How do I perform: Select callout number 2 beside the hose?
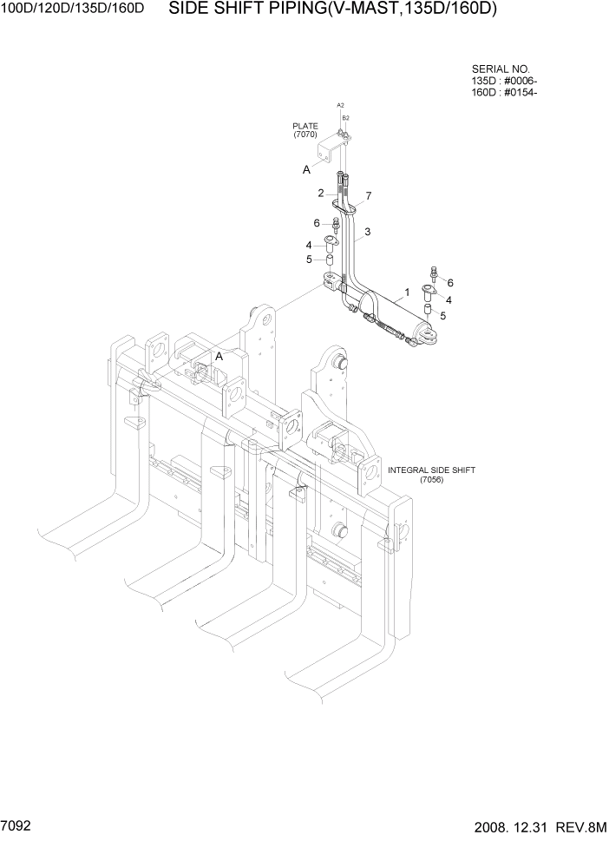coord(320,193)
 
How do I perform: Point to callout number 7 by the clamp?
coord(369,196)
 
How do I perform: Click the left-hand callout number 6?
coord(318,223)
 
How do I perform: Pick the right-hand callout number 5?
coord(442,316)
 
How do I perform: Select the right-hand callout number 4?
coord(449,299)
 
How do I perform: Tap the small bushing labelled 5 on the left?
coord(331,260)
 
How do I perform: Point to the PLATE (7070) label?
coord(305,130)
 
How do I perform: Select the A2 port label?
coord(341,104)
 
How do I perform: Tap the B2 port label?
coord(345,117)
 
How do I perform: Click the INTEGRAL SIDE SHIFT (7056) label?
coord(431,475)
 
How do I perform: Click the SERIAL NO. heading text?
coord(501,69)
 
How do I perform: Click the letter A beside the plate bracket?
coord(306,170)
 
